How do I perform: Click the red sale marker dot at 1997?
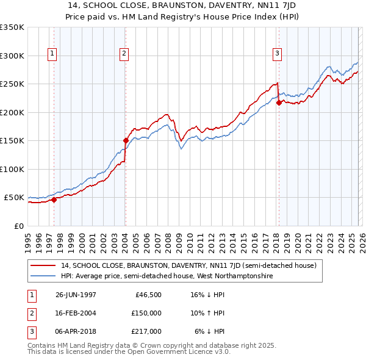click(54, 200)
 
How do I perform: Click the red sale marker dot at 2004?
click(126, 140)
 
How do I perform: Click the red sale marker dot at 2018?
click(279, 103)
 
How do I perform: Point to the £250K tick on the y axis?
click(12, 84)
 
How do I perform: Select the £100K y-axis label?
click(12, 169)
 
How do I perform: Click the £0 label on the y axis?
click(18, 226)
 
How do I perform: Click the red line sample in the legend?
click(43, 266)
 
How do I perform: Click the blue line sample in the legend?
click(43, 276)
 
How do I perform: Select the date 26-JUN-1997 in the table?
click(76, 295)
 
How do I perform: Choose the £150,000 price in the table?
click(146, 313)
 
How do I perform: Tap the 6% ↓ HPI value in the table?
click(210, 331)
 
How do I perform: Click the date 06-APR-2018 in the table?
click(76, 331)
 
